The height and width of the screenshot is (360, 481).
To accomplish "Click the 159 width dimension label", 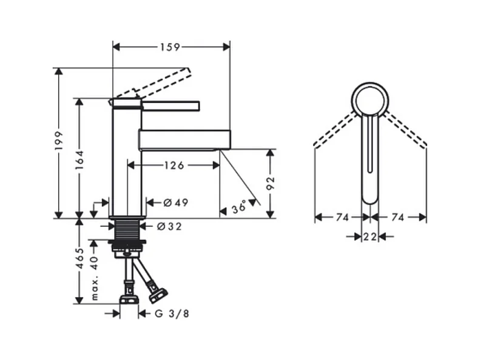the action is (x=170, y=47).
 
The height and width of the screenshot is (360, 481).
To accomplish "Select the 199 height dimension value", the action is (x=58, y=141).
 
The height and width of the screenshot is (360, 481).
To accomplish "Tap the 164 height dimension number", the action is (x=79, y=160).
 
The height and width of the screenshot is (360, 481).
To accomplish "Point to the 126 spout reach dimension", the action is (x=174, y=165).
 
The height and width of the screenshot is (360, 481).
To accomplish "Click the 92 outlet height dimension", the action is (x=271, y=184).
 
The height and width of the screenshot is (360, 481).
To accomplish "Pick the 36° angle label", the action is (x=239, y=207).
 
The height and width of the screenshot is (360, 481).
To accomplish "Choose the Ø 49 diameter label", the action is (x=176, y=202).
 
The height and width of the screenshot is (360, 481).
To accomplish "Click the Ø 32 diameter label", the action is (x=169, y=227).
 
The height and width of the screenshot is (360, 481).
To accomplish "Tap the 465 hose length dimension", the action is (x=79, y=258).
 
